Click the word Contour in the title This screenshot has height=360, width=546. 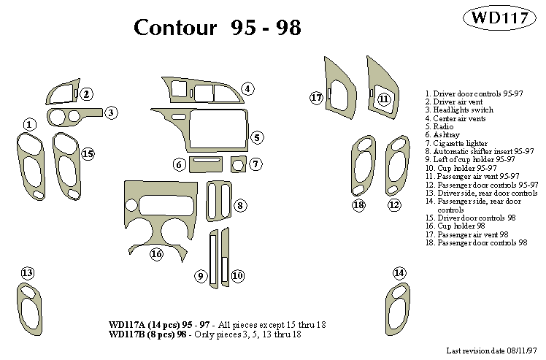(175, 28)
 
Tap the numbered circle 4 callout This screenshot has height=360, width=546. (248, 89)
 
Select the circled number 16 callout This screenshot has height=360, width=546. (156, 254)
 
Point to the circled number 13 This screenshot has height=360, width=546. (27, 273)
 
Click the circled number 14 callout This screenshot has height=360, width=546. (399, 273)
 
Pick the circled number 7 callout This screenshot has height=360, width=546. (255, 164)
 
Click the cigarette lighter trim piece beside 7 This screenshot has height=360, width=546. (237, 165)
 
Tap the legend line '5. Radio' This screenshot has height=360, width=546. (442, 126)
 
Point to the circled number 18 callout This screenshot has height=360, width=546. (358, 205)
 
